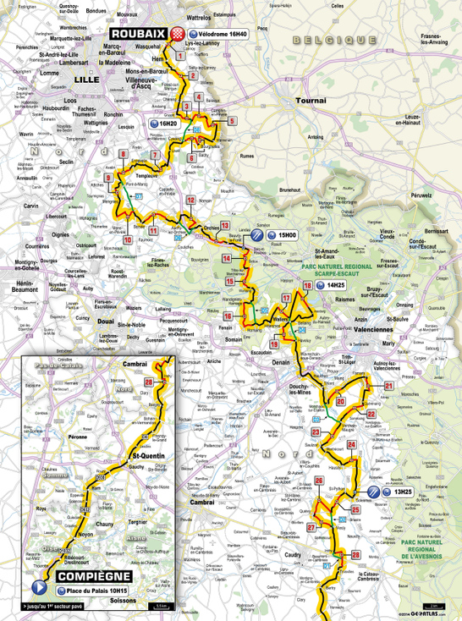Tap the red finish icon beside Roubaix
coord(177,33)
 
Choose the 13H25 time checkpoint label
coord(401,492)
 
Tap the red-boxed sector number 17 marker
coord(287,299)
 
